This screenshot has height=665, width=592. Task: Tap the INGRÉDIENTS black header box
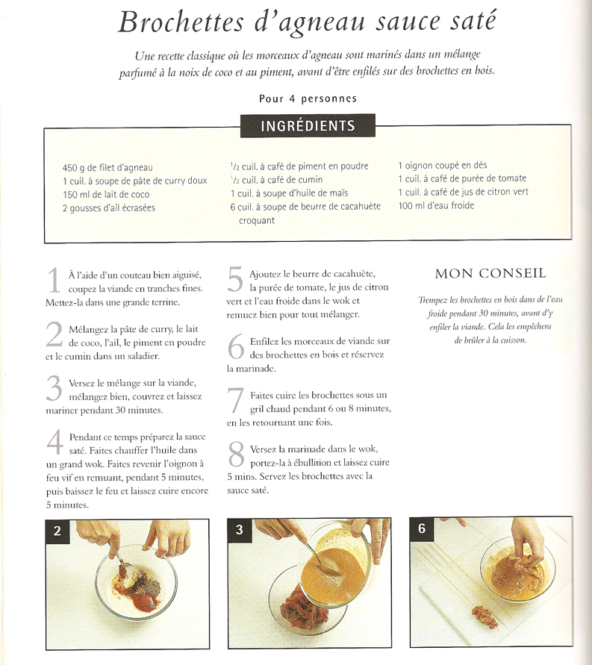(308, 125)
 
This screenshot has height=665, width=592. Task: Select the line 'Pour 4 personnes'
(308, 99)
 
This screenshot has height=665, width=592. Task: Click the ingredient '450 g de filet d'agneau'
(108, 167)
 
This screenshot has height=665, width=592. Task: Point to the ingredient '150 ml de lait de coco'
(106, 195)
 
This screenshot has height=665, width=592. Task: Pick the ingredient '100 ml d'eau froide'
(436, 206)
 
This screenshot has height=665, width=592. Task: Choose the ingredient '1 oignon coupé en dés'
(442, 165)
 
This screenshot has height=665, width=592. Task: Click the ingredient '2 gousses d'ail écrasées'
(108, 207)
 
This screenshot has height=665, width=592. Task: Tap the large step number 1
(54, 281)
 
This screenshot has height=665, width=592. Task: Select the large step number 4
(54, 443)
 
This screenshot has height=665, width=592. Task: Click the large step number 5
(235, 279)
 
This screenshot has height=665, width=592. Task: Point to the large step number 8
(236, 454)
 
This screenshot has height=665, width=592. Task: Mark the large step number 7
(235, 400)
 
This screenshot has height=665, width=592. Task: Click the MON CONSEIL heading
(490, 274)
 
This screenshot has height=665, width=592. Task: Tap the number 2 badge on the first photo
(57, 530)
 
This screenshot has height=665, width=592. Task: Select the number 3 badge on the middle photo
(239, 529)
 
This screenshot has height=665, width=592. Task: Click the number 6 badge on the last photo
(422, 528)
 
